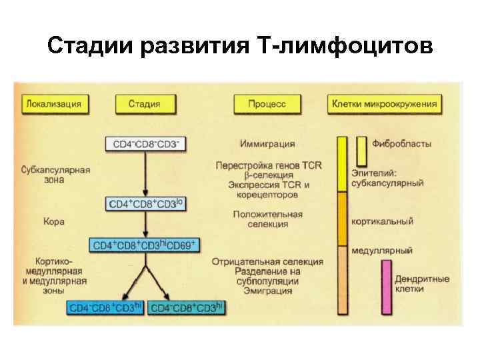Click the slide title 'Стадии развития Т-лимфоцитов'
tap(240, 46)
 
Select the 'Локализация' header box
tap(54, 104)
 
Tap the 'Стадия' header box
tap(144, 104)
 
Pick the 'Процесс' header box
tap(267, 104)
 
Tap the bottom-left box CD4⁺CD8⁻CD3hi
tap(105, 307)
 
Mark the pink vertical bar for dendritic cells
tap(385, 287)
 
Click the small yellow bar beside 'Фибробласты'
tap(361, 151)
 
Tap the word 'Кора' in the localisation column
tap(53, 221)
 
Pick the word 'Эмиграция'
tap(267, 291)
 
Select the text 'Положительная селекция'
tap(267, 219)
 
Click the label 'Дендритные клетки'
tap(421, 284)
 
